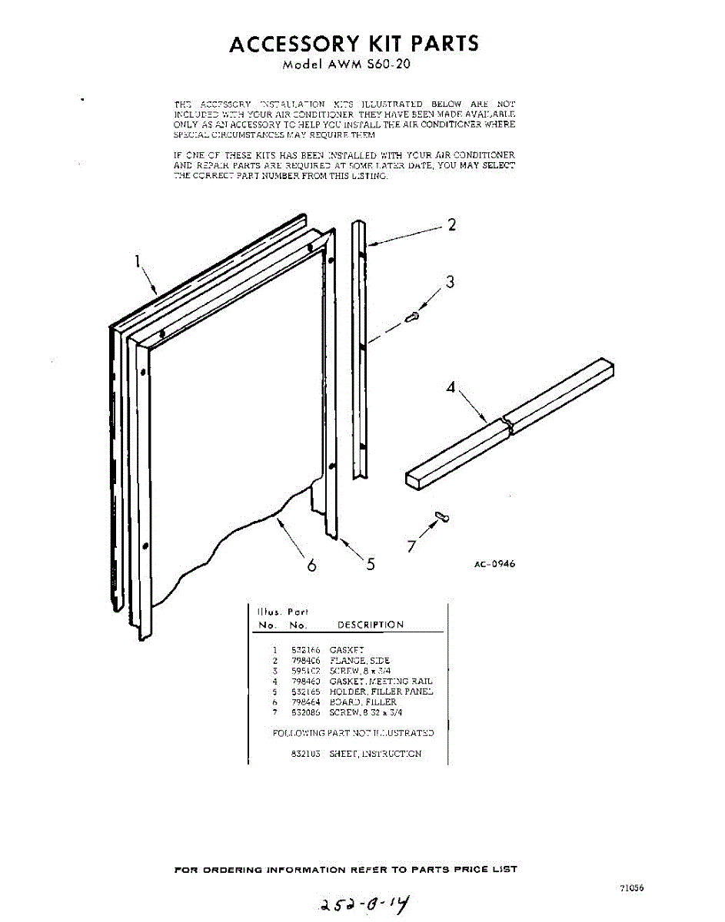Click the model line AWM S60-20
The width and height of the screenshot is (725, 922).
coord(346,65)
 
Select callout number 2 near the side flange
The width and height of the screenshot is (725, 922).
coord(452,224)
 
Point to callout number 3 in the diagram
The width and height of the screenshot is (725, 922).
coord(451,282)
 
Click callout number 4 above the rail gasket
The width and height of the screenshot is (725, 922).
coord(451,387)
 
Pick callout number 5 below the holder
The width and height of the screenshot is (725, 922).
coord(371,564)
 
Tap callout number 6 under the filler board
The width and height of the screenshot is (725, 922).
coord(311,565)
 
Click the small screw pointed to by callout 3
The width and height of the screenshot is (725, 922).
coord(413,316)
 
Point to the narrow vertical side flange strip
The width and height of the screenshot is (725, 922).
coord(359,350)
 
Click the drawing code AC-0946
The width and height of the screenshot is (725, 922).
coord(494,564)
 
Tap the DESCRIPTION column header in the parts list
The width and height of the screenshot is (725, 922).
coord(371,625)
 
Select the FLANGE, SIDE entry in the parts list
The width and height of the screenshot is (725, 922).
coord(360,660)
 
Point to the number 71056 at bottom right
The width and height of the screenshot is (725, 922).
coord(630,888)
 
